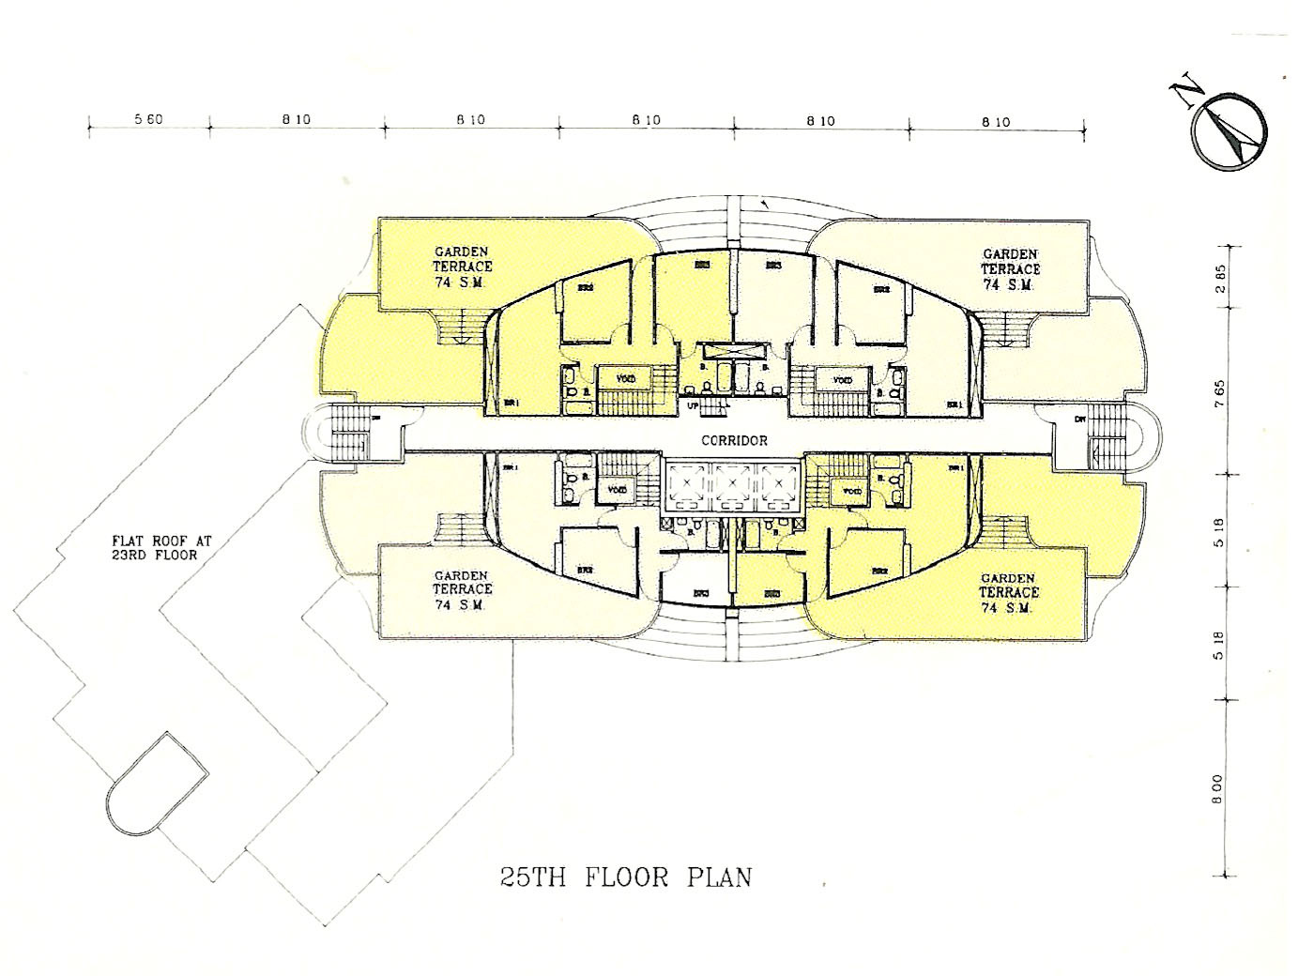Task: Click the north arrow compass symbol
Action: coord(1229,132)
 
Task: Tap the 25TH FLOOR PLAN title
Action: coord(625,877)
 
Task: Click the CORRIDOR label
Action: coord(735,439)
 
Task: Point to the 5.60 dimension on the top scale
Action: coord(148,119)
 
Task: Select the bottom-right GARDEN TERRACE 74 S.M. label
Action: coord(1009,593)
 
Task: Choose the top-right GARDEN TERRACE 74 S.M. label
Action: coord(1010,269)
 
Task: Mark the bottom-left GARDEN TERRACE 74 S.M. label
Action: coord(462,590)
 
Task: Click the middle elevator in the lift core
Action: coord(732,480)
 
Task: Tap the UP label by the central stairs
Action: coord(693,405)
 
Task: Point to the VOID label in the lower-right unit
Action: coord(852,491)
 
